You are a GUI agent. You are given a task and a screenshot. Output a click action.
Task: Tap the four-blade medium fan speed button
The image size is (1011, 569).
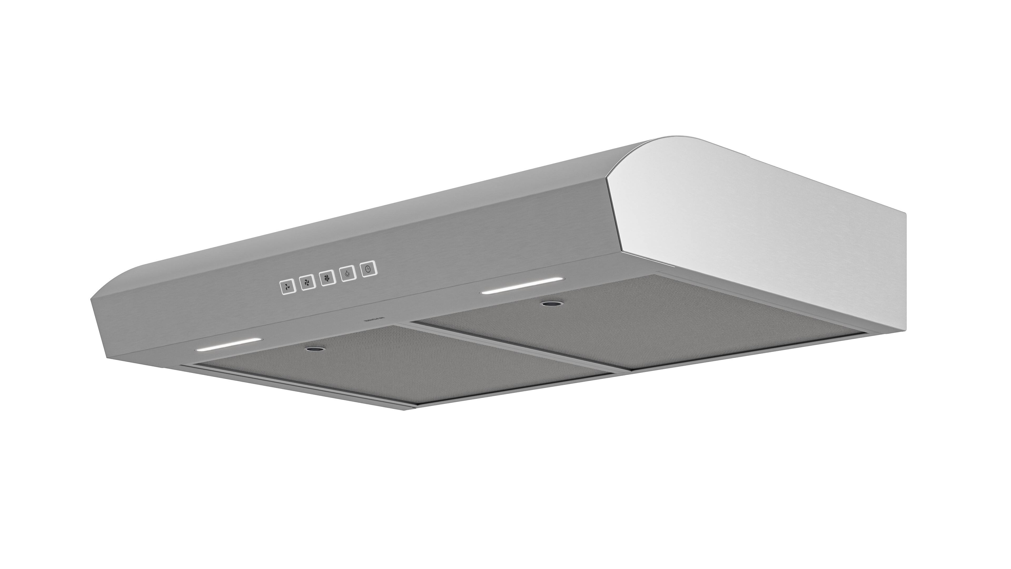point(307,282)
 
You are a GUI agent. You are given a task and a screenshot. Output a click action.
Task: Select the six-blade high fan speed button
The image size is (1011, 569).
point(327,278)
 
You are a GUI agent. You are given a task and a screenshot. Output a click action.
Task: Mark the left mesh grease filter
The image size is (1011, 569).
point(393,373)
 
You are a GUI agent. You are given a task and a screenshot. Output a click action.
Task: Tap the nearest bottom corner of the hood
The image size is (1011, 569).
point(408,408)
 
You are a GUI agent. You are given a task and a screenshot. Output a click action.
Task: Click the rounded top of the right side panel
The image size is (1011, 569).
point(675,141)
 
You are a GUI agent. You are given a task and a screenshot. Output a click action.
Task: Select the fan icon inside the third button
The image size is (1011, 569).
point(327,278)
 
